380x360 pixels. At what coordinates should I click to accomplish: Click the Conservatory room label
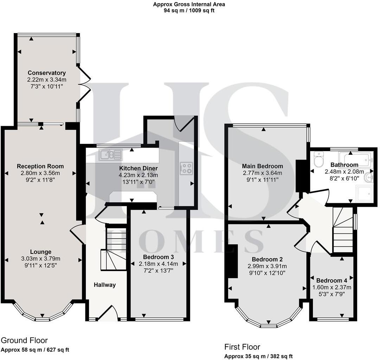(x=47, y=73)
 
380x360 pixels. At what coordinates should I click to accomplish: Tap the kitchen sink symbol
(x=111, y=154)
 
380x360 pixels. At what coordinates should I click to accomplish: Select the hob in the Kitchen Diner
(x=186, y=168)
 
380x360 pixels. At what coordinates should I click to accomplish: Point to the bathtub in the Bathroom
(x=355, y=158)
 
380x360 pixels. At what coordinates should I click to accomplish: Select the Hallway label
(x=104, y=285)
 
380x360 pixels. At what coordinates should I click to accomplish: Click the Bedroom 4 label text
(x=331, y=281)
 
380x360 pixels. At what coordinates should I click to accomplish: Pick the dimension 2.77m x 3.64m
(x=262, y=173)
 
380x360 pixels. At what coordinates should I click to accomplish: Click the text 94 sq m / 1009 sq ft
(x=189, y=11)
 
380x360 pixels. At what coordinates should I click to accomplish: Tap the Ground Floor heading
(x=24, y=340)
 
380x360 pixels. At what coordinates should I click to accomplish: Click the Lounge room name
(x=41, y=252)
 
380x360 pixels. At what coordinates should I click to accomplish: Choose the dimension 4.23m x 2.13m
(x=138, y=175)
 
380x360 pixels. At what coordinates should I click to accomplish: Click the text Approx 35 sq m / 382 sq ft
(x=258, y=356)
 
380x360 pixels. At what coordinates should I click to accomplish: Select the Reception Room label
(x=40, y=166)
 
